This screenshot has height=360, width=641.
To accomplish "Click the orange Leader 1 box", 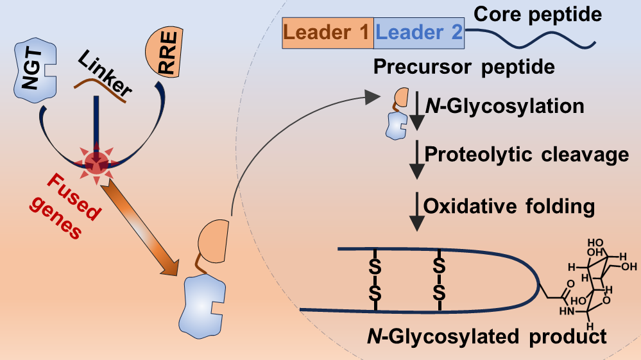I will pos(328,33).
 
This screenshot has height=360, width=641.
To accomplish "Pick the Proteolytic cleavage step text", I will pos(527,155).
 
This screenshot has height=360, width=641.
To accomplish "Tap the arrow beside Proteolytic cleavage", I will pos(418,157).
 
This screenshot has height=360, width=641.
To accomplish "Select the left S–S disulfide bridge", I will pos(375,279).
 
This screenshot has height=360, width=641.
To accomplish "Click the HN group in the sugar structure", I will pos(565,311).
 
